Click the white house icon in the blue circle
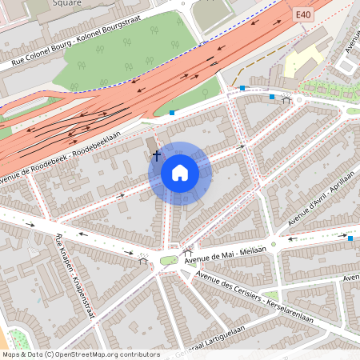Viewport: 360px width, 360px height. (x=179, y=173)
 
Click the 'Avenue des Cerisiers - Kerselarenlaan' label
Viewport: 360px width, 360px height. (x=254, y=297)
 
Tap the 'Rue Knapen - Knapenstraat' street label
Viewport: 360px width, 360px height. (x=75, y=276)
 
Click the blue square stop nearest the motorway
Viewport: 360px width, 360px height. (x=172, y=113)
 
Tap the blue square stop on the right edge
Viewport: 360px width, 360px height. (x=350, y=238)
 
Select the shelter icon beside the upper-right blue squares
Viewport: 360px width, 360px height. (x=286, y=100)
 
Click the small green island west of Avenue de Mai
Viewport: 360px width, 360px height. (x=169, y=260)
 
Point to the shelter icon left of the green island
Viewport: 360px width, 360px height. (x=143, y=259)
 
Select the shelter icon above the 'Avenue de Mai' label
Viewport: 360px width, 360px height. (x=188, y=250)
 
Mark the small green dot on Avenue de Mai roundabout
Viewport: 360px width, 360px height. (x=273, y=243)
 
